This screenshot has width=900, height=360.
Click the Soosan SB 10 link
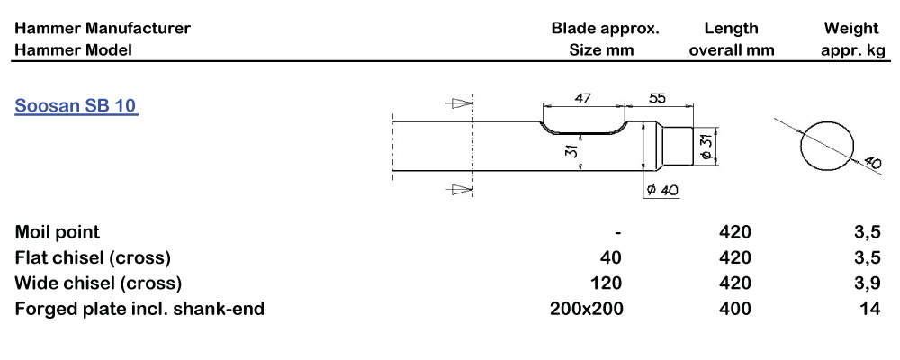(x=76, y=106)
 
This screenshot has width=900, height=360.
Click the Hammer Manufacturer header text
(x=103, y=28)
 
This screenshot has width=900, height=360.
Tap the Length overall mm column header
(x=732, y=39)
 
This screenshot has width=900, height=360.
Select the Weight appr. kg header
(x=853, y=39)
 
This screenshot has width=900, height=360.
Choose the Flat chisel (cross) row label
(x=93, y=257)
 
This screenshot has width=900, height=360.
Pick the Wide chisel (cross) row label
(x=98, y=283)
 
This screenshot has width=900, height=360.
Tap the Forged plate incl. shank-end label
(x=139, y=310)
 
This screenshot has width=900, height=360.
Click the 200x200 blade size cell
(x=586, y=310)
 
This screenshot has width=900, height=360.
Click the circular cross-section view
(x=826, y=144)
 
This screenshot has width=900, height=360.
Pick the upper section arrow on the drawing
(x=460, y=104)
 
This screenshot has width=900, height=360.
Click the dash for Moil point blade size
(x=617, y=232)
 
